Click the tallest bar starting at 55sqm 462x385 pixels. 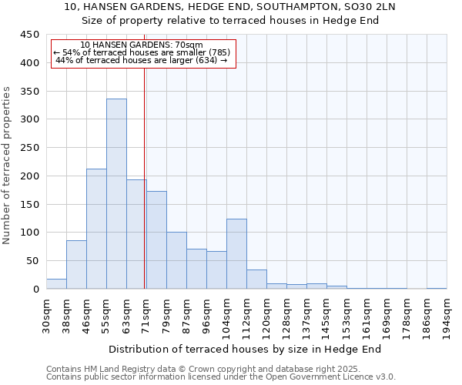[116, 194]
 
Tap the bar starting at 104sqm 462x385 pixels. [236, 254]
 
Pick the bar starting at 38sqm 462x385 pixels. [76, 265]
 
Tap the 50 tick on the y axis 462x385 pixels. [32, 261]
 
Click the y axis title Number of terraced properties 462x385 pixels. [7, 165]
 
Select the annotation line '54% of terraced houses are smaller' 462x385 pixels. [142, 52]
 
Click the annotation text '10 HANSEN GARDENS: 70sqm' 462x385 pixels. [142, 45]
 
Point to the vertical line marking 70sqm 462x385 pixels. [144, 177]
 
